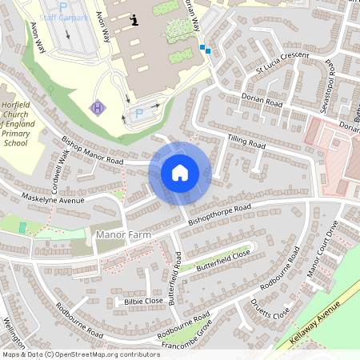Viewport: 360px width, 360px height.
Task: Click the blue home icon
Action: coord(180,173)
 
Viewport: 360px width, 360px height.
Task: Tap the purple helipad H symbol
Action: coord(98,106)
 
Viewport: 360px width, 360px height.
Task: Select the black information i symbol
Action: coord(135,19)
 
